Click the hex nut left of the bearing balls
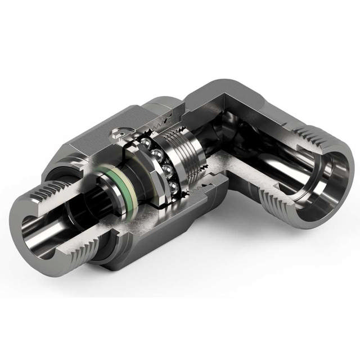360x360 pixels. click(134, 169)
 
